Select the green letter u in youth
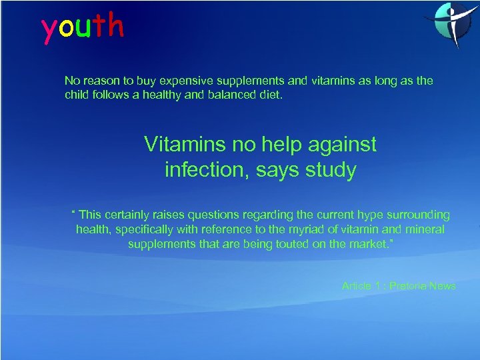click(x=83, y=28)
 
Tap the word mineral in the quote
click(x=425, y=229)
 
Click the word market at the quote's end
click(x=368, y=243)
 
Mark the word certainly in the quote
click(x=133, y=215)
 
